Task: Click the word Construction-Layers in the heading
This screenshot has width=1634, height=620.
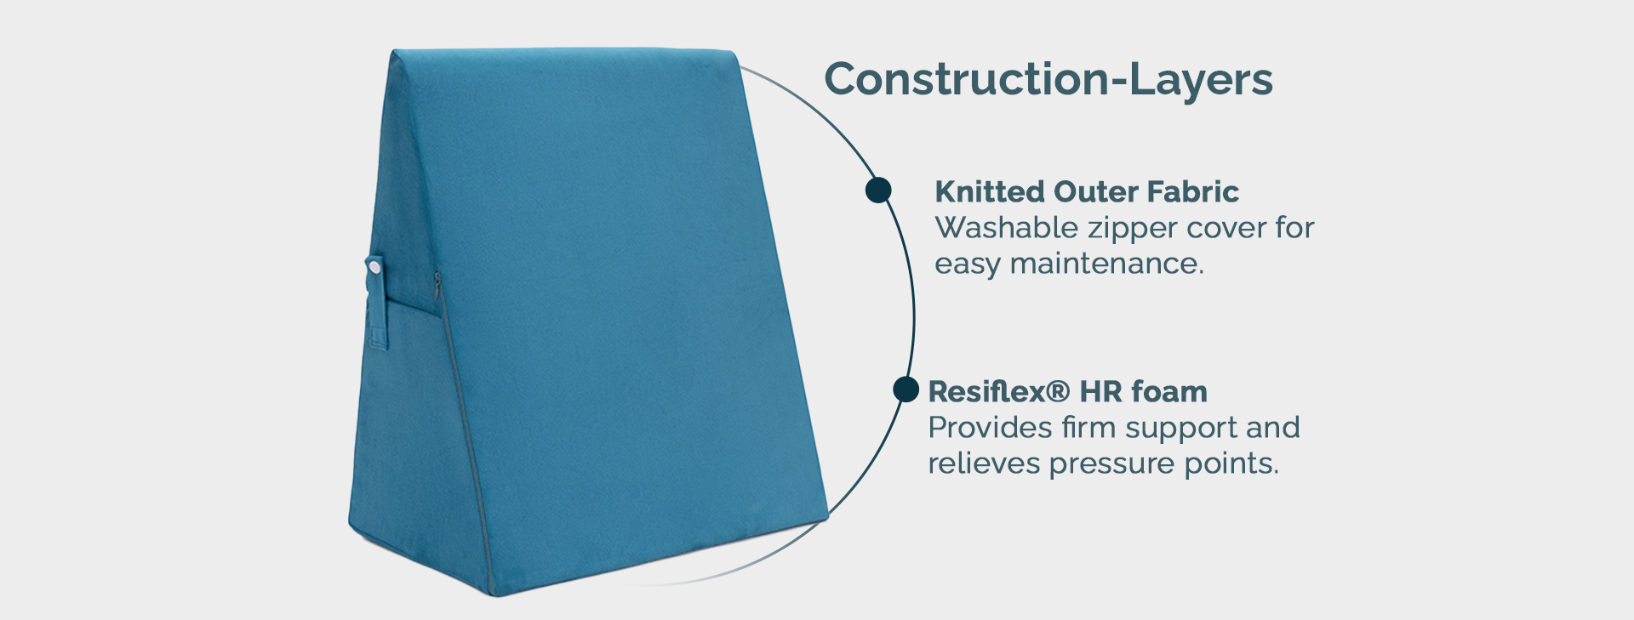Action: pos(1048,79)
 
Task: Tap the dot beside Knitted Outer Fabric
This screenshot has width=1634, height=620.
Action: pos(878,190)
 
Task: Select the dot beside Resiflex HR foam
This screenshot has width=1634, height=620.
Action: pos(906,390)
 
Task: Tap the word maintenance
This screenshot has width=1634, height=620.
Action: pos(1106,264)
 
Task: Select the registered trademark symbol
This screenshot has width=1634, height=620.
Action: pos(1057,391)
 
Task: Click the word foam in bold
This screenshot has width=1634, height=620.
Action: pos(1169,391)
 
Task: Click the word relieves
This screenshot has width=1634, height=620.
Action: pos(984,464)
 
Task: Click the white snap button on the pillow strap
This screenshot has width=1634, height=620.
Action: pos(374,267)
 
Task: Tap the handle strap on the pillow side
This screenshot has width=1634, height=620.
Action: pos(376,302)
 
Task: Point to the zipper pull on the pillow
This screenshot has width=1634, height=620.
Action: pos(437,284)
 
